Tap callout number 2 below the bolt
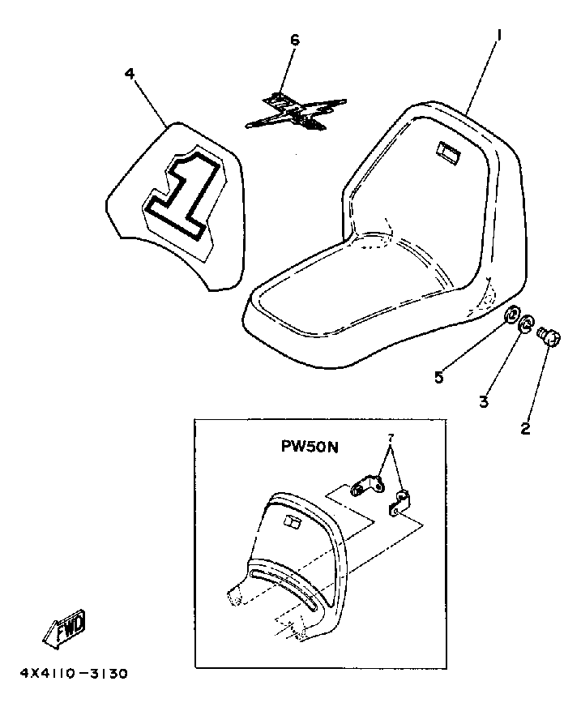(x=525, y=429)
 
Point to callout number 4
(x=130, y=73)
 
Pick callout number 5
(x=439, y=377)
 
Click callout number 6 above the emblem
(x=294, y=41)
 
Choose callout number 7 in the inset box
(x=392, y=438)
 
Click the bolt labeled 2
(x=549, y=335)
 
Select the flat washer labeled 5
(x=512, y=315)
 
